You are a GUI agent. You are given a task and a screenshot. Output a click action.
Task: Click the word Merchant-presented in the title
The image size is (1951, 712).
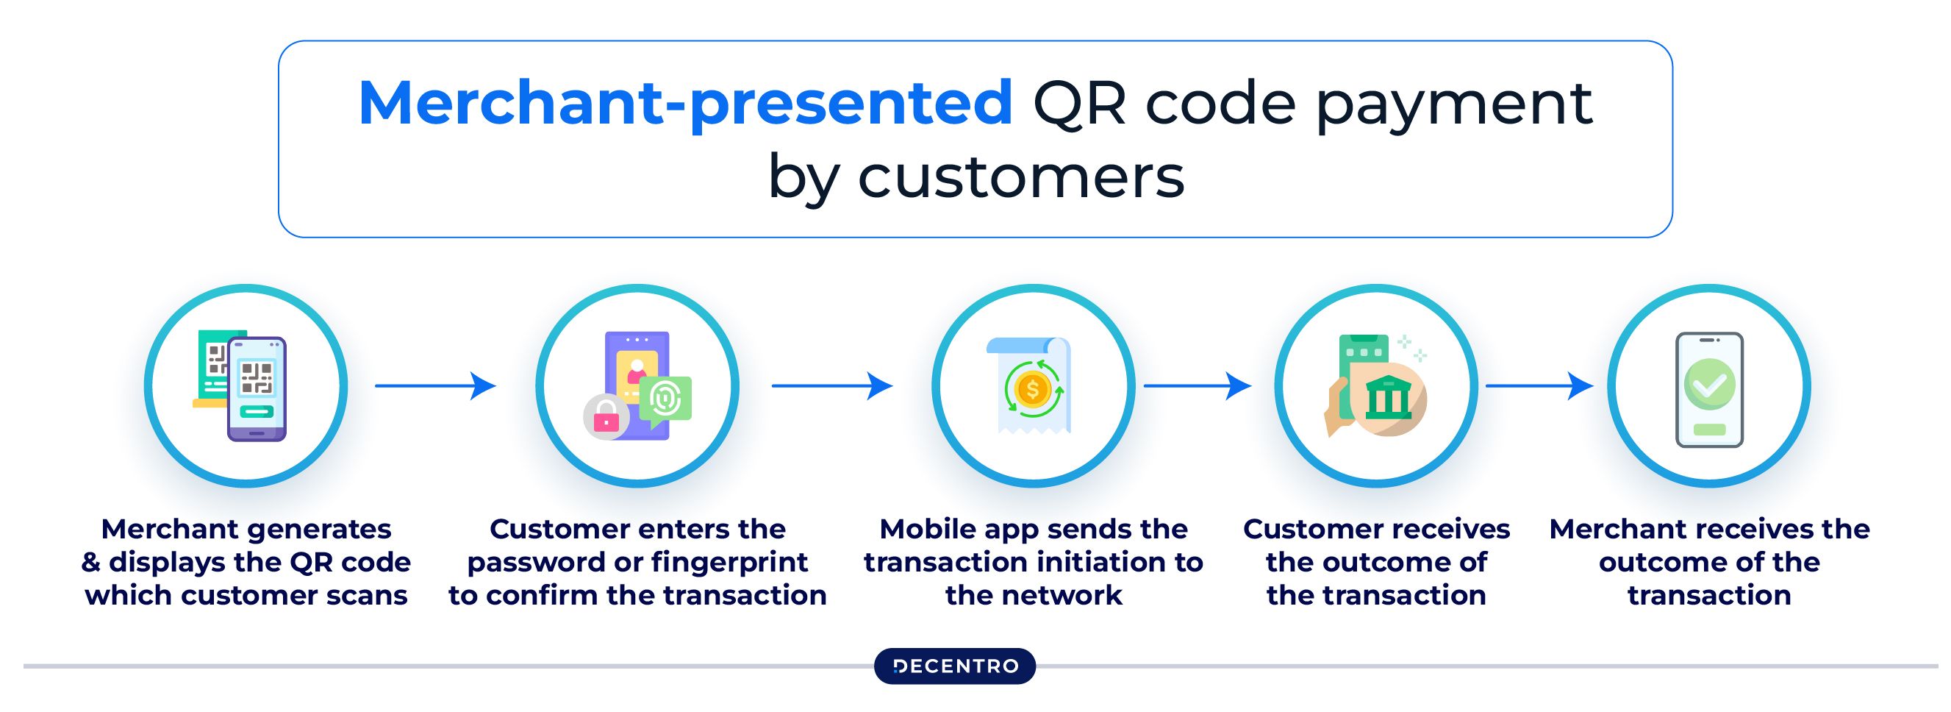[685, 104]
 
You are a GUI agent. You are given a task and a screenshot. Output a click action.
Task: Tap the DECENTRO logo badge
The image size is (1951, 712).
[954, 666]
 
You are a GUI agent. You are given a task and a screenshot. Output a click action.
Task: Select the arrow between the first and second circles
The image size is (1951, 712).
[435, 385]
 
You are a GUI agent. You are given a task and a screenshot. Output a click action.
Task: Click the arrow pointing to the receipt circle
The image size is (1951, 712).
[832, 385]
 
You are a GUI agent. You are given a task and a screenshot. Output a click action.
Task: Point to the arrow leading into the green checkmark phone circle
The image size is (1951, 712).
[1539, 385]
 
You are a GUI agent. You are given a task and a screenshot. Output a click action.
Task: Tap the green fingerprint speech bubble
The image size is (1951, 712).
[665, 401]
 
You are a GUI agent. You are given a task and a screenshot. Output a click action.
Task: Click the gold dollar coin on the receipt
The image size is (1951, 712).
[1032, 389]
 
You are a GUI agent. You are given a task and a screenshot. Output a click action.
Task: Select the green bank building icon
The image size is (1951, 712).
[1389, 397]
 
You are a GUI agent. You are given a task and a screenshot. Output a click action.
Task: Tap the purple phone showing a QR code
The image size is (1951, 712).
[257, 389]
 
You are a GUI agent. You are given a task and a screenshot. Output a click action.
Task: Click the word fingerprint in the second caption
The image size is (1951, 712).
[729, 562]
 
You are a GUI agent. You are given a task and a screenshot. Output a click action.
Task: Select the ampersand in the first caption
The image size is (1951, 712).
[91, 562]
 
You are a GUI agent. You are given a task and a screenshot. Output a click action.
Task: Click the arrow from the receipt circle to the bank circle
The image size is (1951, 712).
[1198, 385]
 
